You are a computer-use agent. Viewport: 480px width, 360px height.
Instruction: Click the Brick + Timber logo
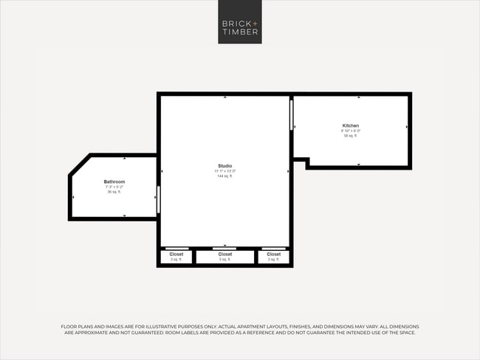(240, 22)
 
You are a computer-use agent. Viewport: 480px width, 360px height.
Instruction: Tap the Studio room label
(224, 166)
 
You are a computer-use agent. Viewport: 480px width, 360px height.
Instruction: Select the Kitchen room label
(351, 125)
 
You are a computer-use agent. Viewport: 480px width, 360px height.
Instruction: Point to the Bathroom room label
(114, 181)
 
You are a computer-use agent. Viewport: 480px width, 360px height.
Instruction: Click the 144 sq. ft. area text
(224, 176)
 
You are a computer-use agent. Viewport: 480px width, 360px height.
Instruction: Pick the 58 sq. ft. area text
(351, 136)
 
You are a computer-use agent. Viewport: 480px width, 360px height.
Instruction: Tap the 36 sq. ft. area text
(114, 192)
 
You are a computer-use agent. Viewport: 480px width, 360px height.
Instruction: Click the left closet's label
(176, 254)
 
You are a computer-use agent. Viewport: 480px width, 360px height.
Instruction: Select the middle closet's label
(225, 254)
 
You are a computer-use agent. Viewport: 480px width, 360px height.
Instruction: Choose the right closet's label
(274, 254)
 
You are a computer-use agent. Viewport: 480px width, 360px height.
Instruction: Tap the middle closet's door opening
(224, 248)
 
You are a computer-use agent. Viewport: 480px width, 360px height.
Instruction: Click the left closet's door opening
(176, 248)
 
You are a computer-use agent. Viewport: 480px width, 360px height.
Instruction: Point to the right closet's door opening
(274, 248)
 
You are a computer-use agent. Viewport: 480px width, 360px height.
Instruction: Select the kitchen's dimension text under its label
(351, 131)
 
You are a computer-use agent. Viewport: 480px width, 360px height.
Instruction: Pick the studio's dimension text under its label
(224, 171)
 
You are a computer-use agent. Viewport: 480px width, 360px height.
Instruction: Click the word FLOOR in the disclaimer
(69, 326)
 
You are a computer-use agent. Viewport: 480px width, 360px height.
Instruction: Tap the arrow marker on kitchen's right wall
(407, 128)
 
